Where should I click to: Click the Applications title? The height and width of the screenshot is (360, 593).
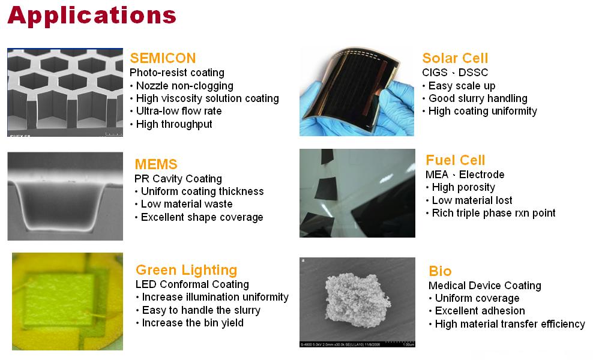pos(92,16)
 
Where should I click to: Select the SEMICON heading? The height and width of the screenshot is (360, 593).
pos(163,58)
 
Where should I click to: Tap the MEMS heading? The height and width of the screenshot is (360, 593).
pos(156,164)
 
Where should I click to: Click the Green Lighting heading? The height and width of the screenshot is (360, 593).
pos(187,270)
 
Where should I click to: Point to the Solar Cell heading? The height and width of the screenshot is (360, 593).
pos(455,58)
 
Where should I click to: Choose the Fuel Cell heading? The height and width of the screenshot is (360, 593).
pos(456,160)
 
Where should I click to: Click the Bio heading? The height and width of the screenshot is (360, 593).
pos(440,271)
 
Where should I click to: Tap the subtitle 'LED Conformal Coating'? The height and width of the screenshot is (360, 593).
pos(192,284)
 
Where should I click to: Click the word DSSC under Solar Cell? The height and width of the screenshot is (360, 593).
pos(473,72)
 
